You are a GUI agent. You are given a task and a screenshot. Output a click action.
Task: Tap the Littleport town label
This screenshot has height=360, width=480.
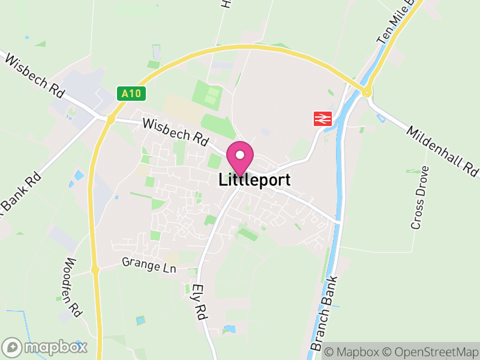tap(254, 179)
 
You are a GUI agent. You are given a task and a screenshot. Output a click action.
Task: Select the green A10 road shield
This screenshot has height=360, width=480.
tap(131, 94)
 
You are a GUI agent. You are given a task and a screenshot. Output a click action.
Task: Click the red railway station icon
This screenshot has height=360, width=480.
tap(322, 119)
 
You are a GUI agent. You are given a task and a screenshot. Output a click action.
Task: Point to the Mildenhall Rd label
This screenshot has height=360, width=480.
tap(443, 152)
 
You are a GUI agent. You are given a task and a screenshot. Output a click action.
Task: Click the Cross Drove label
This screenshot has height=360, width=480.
tap(419, 197)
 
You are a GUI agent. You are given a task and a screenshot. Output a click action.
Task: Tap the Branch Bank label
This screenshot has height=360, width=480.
tap(325, 313)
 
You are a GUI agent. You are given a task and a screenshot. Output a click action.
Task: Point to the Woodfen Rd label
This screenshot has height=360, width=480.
tap(72, 287)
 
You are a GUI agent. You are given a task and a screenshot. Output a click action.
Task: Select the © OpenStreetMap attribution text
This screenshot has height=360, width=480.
tap(431, 352)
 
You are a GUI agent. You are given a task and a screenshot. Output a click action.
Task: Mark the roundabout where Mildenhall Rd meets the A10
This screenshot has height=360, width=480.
tap(365, 92)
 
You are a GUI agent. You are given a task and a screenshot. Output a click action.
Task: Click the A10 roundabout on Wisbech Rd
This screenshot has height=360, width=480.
tap(110, 119)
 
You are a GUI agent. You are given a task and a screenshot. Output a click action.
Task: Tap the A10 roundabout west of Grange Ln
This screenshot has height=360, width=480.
tap(95, 271)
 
